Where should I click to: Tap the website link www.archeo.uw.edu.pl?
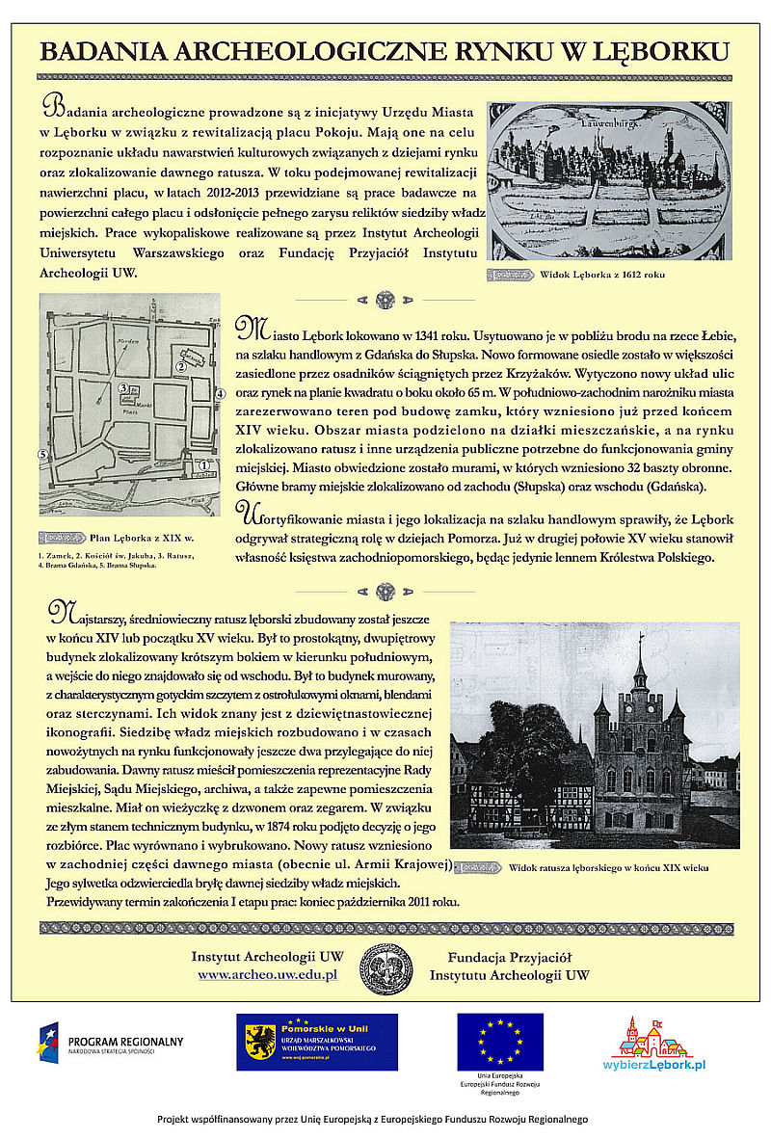point(267,975)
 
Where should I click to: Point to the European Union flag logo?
point(499,1042)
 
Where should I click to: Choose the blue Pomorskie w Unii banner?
point(316,1042)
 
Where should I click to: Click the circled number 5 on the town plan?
point(43,453)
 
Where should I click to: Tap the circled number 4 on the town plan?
point(220,393)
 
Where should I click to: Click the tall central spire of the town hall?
point(640,665)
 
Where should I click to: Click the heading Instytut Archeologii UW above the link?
point(267,958)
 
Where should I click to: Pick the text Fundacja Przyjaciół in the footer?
point(510,958)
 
